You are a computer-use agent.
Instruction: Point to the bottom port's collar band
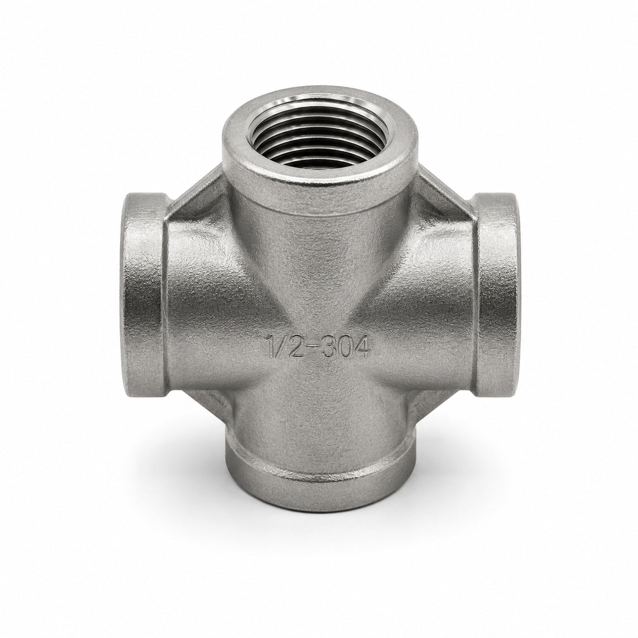(x=319, y=477)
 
